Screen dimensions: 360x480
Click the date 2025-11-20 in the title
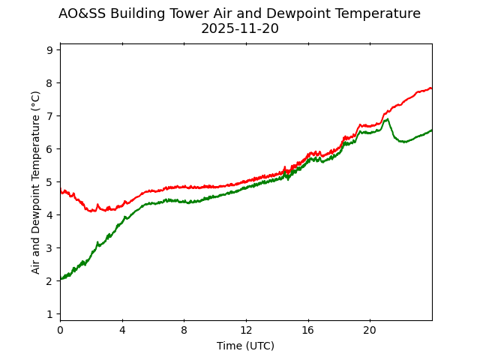(x=239, y=29)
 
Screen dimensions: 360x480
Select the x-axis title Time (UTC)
(x=245, y=346)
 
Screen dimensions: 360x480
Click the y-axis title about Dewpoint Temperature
(x=36, y=181)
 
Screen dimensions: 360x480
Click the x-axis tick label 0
(x=60, y=330)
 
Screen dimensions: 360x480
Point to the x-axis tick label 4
(x=122, y=330)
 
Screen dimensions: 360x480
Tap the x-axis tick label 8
(x=184, y=330)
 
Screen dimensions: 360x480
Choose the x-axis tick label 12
(x=246, y=330)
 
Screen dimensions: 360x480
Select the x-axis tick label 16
(x=307, y=330)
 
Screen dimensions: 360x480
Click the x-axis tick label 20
(x=370, y=330)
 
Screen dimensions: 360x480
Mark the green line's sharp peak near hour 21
(x=387, y=118)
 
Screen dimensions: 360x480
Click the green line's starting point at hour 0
(x=61, y=279)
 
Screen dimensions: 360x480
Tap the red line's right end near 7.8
(x=431, y=88)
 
